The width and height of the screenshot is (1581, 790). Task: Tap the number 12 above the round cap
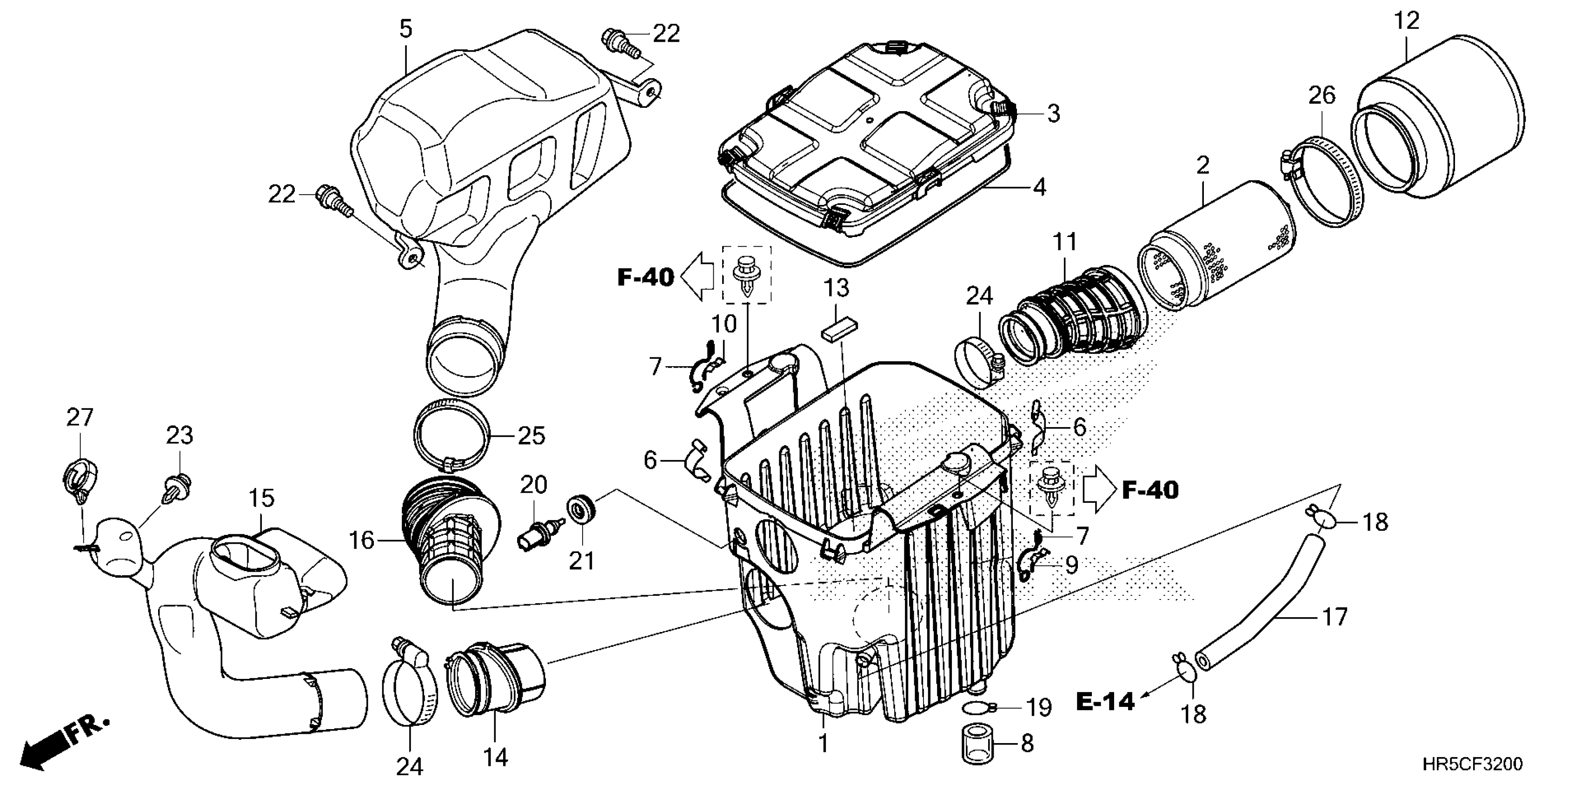tap(1407, 21)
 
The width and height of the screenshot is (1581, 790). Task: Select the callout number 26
tap(1322, 96)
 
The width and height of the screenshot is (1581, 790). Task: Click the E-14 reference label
tap(1105, 702)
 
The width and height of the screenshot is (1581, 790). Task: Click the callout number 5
tap(405, 29)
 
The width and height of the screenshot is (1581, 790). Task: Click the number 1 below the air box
tap(823, 744)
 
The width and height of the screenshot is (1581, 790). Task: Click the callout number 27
tap(80, 418)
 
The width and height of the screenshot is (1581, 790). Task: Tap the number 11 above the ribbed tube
tap(1064, 242)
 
